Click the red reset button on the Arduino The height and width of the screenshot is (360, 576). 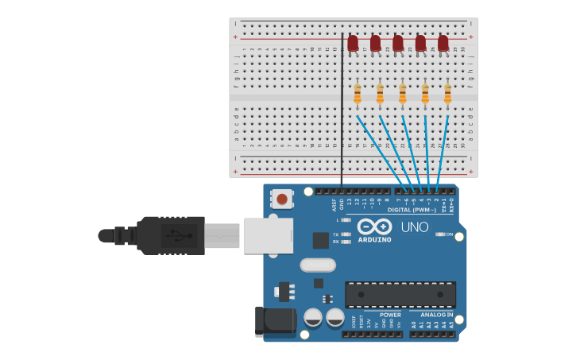click(x=281, y=199)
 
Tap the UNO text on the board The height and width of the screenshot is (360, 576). click(x=414, y=227)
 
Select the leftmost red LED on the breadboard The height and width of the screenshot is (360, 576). click(x=353, y=43)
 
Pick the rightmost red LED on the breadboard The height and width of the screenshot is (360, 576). click(x=443, y=43)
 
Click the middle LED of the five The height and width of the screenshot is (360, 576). click(x=398, y=43)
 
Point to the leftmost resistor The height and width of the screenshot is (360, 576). click(x=358, y=94)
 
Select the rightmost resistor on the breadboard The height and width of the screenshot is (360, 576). click(x=447, y=94)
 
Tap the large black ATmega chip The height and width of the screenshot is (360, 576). click(x=400, y=294)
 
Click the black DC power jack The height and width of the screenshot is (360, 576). click(x=274, y=321)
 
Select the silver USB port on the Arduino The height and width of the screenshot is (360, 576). click(x=268, y=236)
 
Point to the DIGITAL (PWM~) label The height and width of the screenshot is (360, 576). click(x=412, y=210)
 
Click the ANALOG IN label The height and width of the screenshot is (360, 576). click(x=437, y=315)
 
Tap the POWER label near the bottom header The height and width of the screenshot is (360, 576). click(x=390, y=315)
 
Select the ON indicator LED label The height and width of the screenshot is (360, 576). click(x=450, y=234)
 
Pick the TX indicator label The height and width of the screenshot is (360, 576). click(x=336, y=234)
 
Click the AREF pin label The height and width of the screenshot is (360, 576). click(x=334, y=205)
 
